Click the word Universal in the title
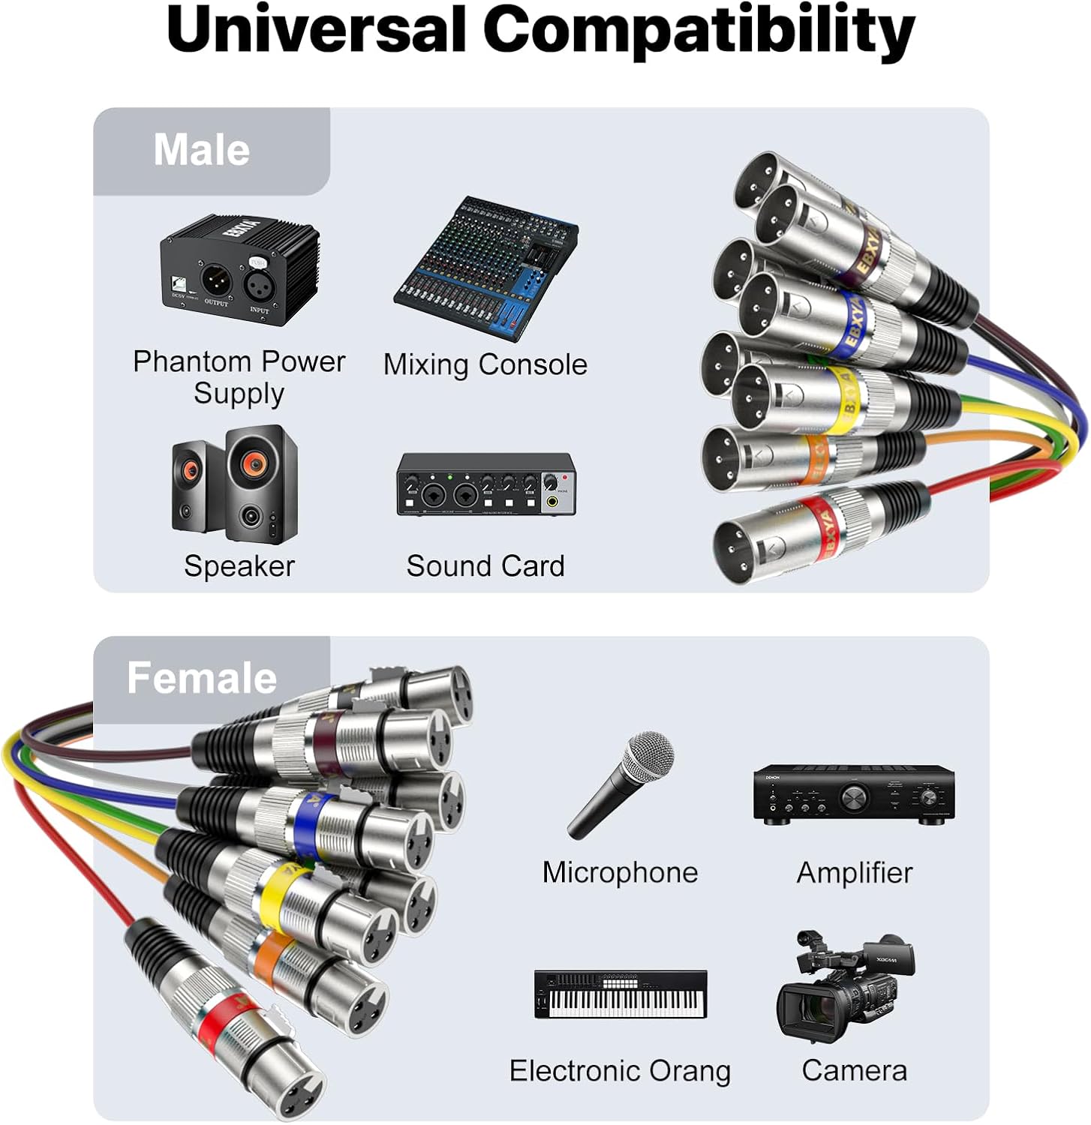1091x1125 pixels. pos(317,30)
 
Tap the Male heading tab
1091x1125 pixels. pos(202,150)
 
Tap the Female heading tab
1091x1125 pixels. pos(202,678)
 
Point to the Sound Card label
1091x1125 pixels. pos(485,566)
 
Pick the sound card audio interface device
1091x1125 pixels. pos(486,484)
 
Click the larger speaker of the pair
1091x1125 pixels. pos(260,483)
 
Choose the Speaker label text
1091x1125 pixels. pos(239,566)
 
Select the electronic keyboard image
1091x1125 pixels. pos(621,994)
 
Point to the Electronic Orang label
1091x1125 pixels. pos(620,1071)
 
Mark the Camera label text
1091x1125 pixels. pos(854,1071)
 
